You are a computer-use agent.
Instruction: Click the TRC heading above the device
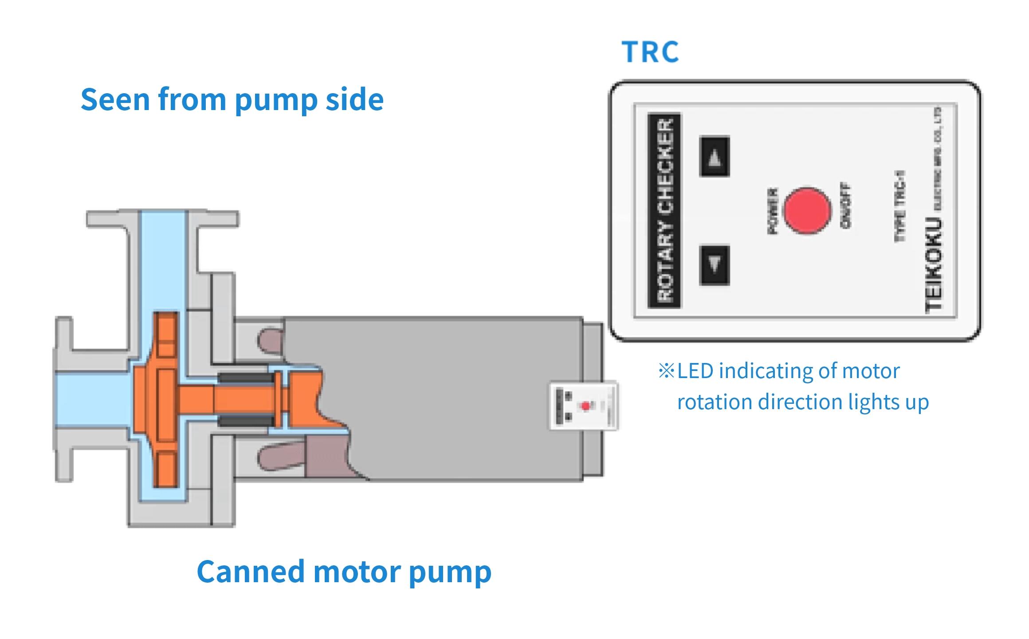650,52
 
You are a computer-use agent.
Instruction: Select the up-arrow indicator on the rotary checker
714,157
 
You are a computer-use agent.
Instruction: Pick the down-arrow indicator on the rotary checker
714,265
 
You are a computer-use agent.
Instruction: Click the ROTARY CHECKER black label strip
664,210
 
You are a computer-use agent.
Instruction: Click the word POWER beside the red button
772,211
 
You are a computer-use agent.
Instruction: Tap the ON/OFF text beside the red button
845,205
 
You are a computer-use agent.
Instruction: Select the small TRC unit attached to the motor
584,406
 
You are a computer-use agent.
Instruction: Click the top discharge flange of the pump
163,219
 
